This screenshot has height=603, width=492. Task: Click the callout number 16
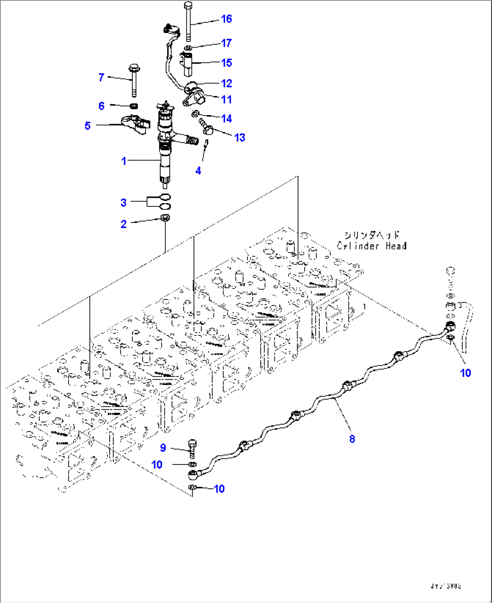(x=226, y=19)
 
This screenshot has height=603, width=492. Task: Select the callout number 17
(x=226, y=43)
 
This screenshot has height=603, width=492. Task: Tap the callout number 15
(x=226, y=63)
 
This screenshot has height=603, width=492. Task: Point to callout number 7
(x=102, y=78)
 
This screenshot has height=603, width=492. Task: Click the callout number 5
(x=88, y=126)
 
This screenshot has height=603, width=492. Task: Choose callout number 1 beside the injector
(x=124, y=161)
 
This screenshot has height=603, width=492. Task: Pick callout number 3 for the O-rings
(x=124, y=203)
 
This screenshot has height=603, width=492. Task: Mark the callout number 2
(x=124, y=224)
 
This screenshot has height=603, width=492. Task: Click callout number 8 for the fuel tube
(x=352, y=438)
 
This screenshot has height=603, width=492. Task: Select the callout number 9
(x=163, y=448)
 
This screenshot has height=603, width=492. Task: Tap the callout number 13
(x=240, y=138)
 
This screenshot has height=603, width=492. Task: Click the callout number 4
(x=198, y=171)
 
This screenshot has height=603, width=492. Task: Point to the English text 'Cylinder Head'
(x=371, y=246)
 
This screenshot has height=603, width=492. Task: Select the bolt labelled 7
(x=134, y=81)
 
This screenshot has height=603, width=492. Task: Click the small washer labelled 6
(x=134, y=106)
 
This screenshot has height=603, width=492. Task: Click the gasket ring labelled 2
(x=166, y=219)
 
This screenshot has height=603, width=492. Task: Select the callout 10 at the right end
(x=465, y=373)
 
